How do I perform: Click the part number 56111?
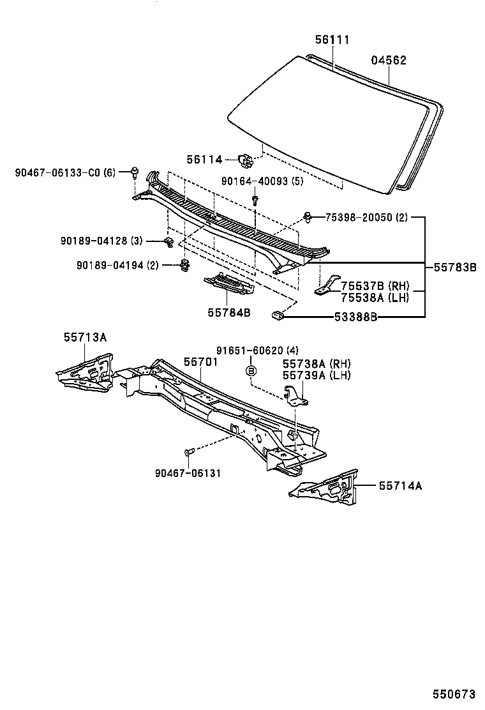tap(332, 40)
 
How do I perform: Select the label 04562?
tap(389, 61)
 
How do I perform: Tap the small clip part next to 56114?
tap(246, 159)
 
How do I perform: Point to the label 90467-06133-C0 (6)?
tap(65, 172)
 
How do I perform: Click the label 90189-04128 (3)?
tap(101, 241)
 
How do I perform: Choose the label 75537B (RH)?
tap(375, 285)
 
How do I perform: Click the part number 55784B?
tap(228, 312)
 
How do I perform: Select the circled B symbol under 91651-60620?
tap(251, 370)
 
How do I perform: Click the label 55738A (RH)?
tap(317, 363)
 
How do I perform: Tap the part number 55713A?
tap(85, 337)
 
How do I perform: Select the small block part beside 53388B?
tap(278, 313)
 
